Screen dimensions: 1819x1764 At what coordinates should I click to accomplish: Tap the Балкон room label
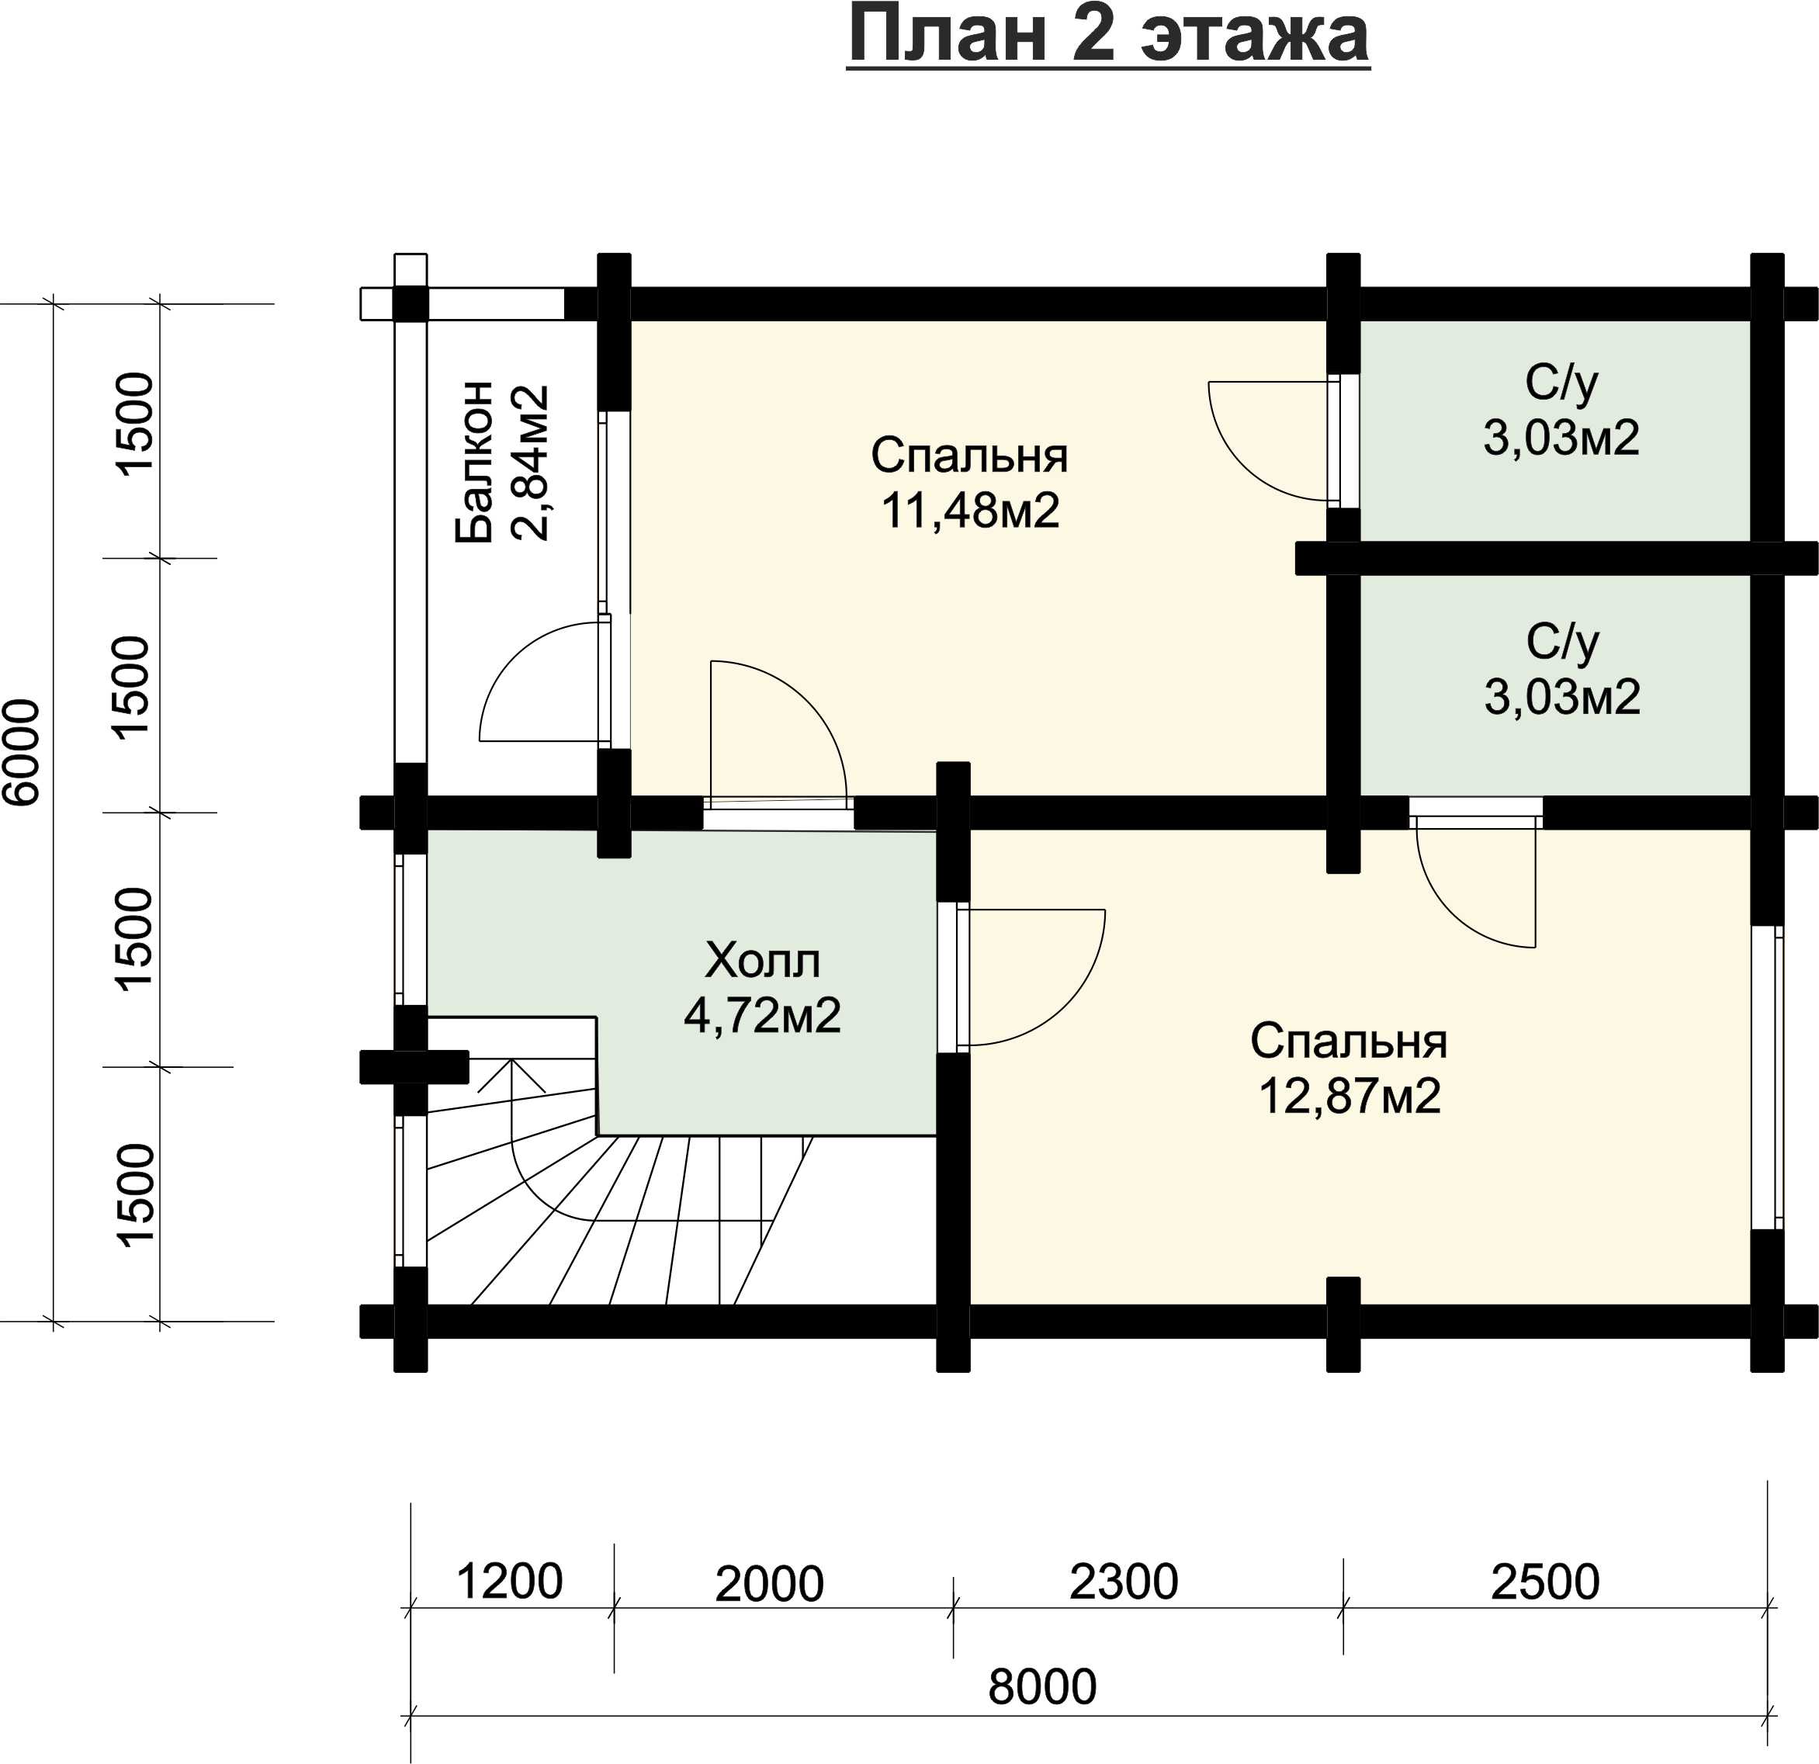tap(474, 461)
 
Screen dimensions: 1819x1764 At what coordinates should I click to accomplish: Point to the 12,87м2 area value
tap(1350, 1097)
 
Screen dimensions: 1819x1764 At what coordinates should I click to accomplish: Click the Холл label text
tap(763, 962)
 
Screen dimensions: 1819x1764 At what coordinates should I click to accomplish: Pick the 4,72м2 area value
tap(763, 1016)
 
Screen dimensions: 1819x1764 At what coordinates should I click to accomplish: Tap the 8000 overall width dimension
tap(1042, 1687)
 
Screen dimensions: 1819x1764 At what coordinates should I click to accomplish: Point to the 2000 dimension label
tap(769, 1584)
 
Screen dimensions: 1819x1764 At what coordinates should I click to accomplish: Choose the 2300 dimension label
tap(1124, 1581)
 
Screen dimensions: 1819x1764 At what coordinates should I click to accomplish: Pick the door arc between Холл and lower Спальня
tap(1076, 1011)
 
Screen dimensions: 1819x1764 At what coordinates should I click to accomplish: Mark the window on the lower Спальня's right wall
tap(1767, 1076)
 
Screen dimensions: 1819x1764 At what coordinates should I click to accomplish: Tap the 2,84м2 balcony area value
tap(531, 462)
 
